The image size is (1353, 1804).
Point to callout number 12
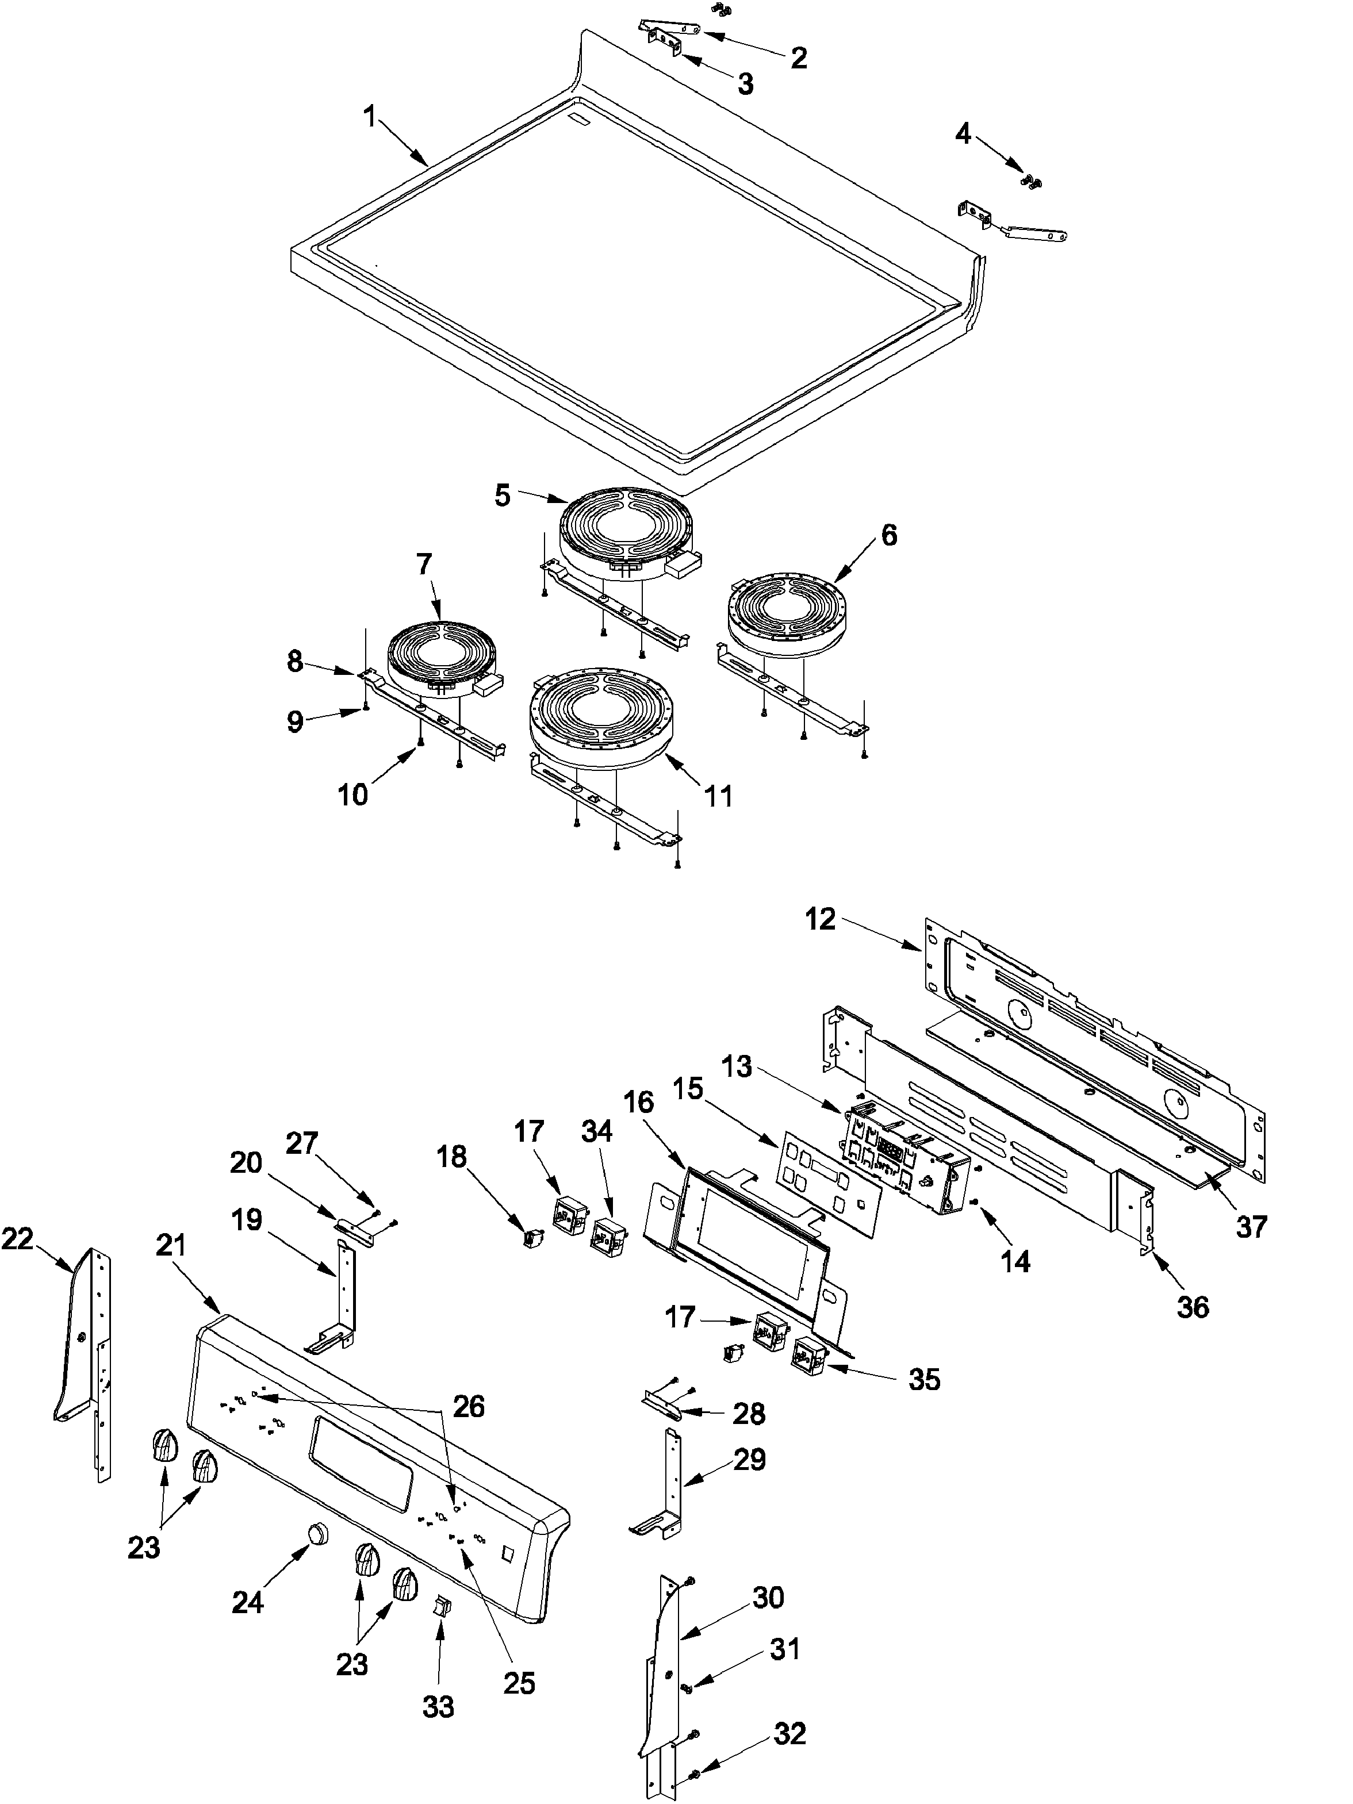(821, 919)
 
